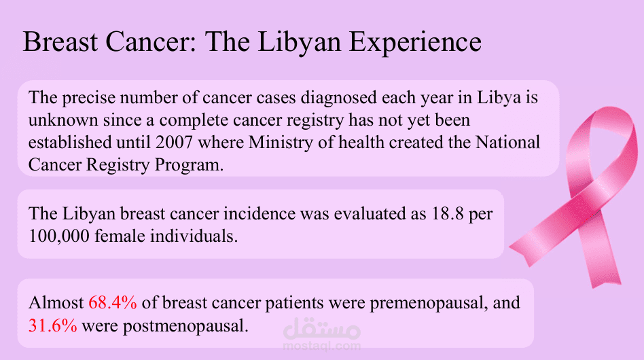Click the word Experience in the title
tap(415, 43)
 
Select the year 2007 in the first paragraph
tap(174, 143)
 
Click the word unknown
tap(63, 120)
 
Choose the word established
tap(70, 143)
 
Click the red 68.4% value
tap(113, 303)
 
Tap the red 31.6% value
tap(52, 326)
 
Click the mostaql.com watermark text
tap(321, 346)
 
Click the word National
tap(508, 143)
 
